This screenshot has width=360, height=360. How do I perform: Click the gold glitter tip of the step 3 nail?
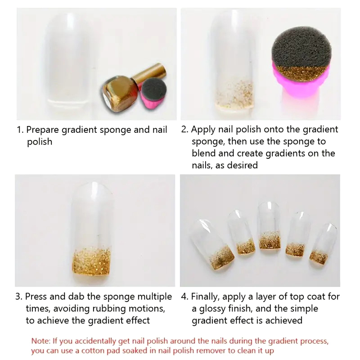pyautogui.click(x=92, y=262)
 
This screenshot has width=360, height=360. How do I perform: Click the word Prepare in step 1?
pyautogui.click(x=42, y=130)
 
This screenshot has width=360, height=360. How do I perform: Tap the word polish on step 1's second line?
pyautogui.click(x=40, y=142)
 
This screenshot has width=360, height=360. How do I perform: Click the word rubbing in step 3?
pyautogui.click(x=109, y=309)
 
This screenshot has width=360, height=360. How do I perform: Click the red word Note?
pyautogui.click(x=40, y=341)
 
